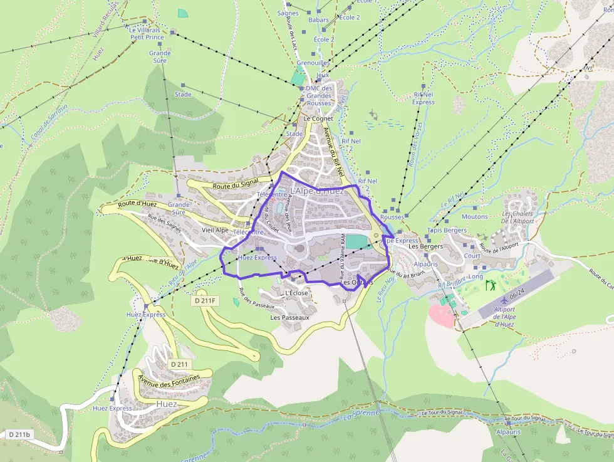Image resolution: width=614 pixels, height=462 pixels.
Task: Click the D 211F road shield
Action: (204, 301)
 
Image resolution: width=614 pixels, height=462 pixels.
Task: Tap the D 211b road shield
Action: (20, 434)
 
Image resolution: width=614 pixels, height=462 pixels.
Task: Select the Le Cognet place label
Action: (318, 118)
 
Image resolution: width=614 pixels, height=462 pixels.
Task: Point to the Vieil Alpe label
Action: (216, 230)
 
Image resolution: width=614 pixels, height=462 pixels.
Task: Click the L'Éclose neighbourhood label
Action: (296, 293)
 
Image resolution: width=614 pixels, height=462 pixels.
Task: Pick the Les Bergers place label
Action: (425, 246)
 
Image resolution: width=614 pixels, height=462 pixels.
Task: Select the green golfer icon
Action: (490, 285)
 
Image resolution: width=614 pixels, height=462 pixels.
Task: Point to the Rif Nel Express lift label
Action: (424, 98)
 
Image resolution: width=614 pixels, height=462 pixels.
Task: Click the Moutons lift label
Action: (474, 217)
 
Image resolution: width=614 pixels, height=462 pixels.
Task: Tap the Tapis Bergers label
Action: (447, 231)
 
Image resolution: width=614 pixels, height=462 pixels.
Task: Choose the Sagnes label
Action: (288, 13)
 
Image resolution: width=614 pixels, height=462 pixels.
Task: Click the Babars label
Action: (318, 20)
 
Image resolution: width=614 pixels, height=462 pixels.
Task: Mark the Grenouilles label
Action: (313, 63)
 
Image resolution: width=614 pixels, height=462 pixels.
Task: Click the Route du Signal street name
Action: (236, 184)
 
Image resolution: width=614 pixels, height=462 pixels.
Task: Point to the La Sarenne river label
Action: (362, 414)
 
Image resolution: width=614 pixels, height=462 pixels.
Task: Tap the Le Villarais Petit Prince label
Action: (147, 33)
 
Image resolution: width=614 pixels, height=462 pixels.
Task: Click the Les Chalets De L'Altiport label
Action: (518, 218)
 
